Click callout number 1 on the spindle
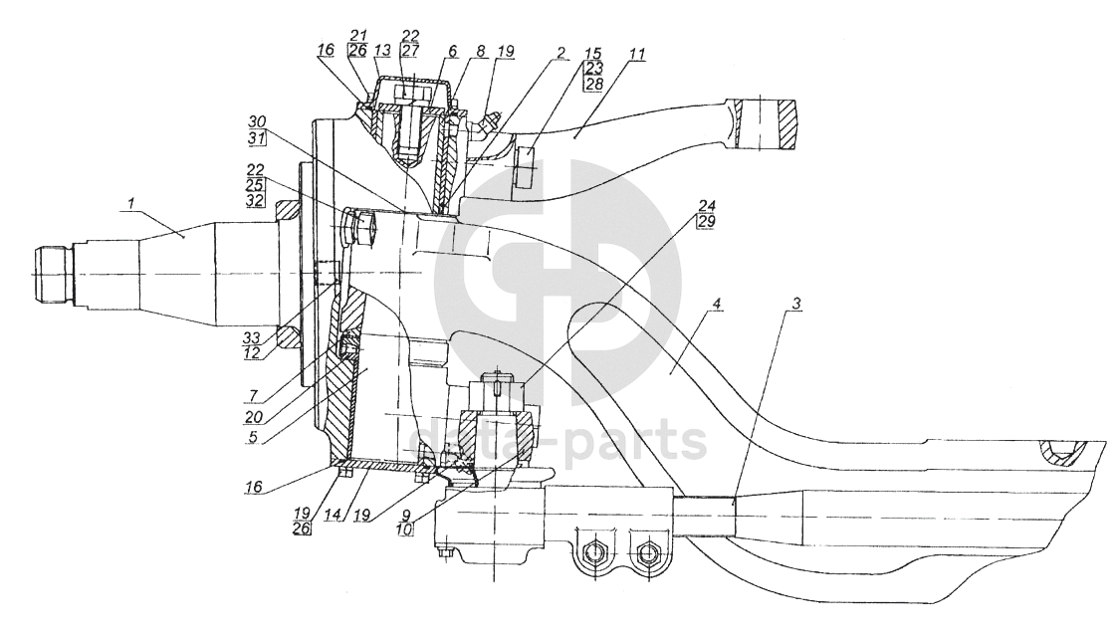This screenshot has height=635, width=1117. coord(128,205)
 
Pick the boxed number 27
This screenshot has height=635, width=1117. coord(408,51)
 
